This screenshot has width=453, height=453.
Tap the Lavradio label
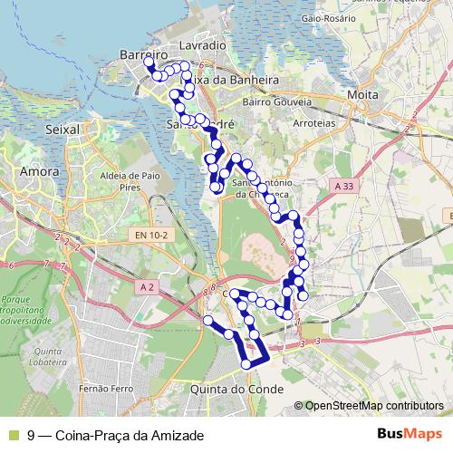(201, 44)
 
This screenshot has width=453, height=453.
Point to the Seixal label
(63, 130)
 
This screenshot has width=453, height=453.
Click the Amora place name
(39, 171)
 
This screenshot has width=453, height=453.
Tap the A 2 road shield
(149, 286)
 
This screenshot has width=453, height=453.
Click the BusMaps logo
(409, 434)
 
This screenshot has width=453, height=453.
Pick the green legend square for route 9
(12, 435)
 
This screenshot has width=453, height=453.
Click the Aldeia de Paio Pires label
(132, 179)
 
